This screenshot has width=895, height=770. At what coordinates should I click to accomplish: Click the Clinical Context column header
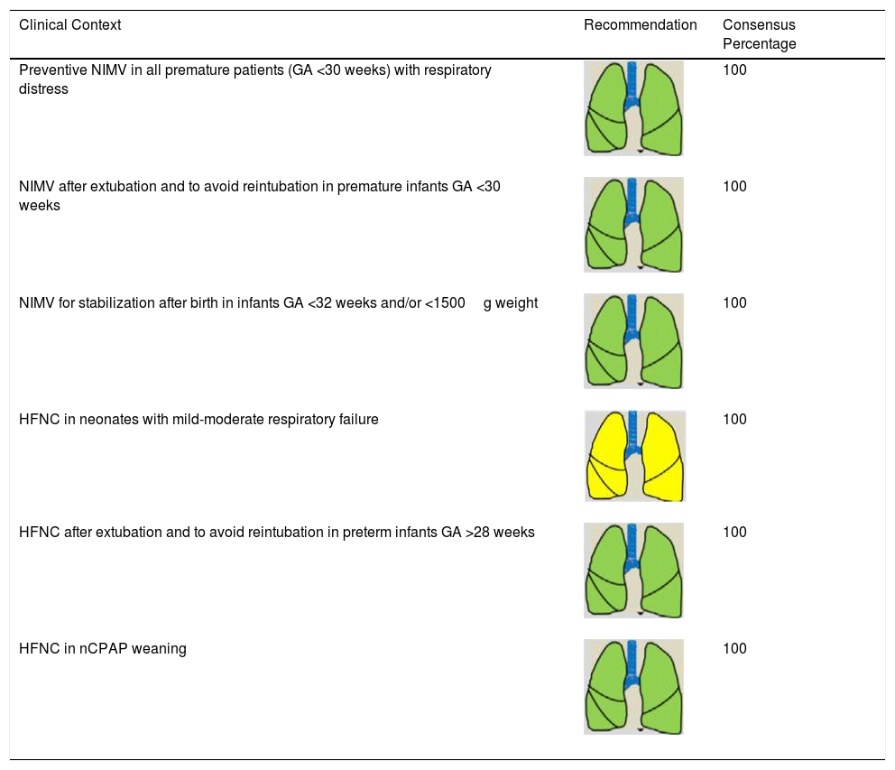coord(69,25)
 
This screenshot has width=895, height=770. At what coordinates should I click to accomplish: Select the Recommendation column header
coord(640,25)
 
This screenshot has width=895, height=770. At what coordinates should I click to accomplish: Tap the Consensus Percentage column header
coord(759,34)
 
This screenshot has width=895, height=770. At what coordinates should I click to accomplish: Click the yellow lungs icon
coord(634,456)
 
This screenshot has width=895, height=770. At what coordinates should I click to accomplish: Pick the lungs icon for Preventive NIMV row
coord(633,108)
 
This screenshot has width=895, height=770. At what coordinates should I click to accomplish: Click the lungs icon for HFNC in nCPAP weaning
coord(633,686)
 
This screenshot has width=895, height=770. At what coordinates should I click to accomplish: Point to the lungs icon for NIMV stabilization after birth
coord(633,341)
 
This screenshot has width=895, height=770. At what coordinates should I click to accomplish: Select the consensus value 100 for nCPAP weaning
coord(734,649)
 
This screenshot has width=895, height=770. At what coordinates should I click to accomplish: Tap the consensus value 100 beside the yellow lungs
coord(734,419)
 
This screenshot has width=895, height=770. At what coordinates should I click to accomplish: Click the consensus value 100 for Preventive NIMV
coord(734,70)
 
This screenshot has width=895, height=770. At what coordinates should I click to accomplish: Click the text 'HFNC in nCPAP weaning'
coord(102,649)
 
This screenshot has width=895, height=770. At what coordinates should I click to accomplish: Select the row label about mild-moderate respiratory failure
coord(198,419)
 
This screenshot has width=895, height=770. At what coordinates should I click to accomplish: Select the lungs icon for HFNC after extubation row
coord(633,570)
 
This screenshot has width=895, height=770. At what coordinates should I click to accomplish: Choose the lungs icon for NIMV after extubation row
coord(633,225)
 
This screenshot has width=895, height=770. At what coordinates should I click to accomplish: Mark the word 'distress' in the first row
coord(43,89)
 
